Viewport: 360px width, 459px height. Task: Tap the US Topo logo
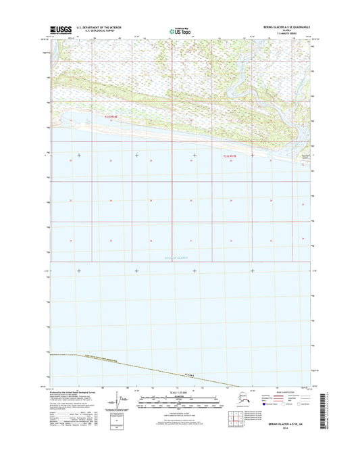tap(180, 30)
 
